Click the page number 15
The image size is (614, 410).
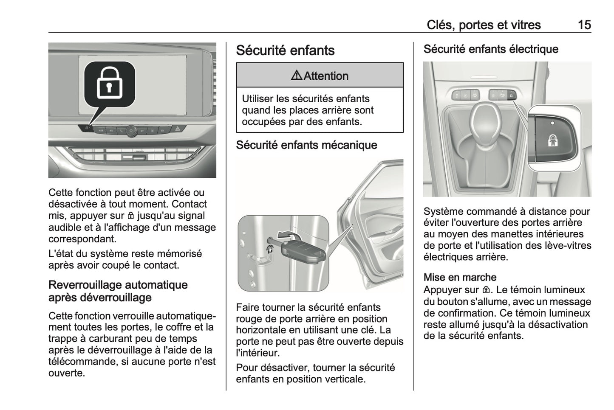click(584, 25)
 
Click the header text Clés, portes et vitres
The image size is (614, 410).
click(484, 25)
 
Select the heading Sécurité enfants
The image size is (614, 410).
click(285, 51)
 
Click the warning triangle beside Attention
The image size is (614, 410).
click(297, 76)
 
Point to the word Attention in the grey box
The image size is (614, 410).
click(326, 76)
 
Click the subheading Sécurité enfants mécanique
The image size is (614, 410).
click(306, 145)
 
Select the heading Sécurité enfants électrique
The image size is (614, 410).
click(491, 49)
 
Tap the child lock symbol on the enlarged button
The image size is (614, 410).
click(552, 140)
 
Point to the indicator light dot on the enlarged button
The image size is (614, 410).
click(552, 123)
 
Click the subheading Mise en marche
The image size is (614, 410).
click(460, 278)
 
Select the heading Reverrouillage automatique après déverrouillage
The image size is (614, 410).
click(118, 291)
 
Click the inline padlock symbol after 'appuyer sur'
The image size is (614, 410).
click(130, 216)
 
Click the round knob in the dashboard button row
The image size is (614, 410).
click(131, 130)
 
